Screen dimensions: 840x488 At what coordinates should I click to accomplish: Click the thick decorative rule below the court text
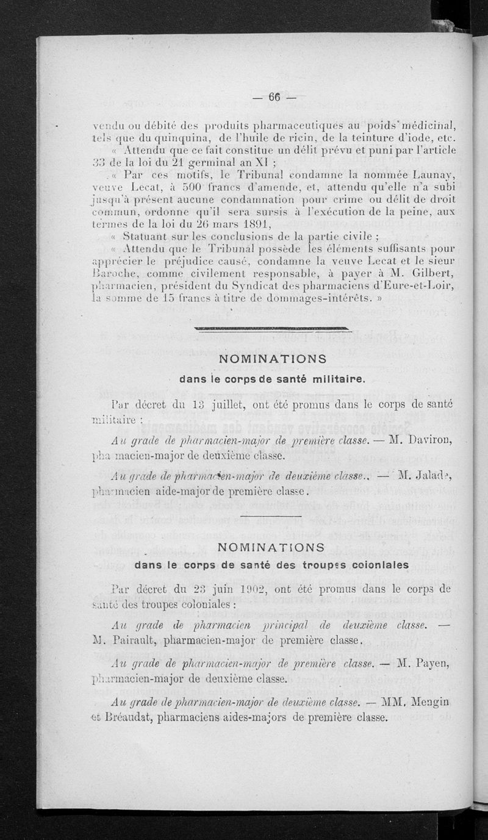click(273, 330)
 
